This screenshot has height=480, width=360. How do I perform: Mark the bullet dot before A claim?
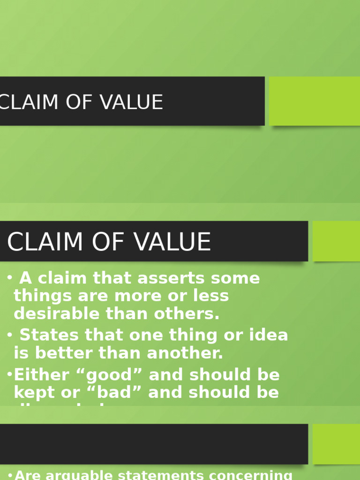click(x=10, y=278)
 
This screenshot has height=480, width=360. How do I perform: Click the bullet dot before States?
click(x=10, y=335)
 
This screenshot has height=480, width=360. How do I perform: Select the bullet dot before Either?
click(x=10, y=375)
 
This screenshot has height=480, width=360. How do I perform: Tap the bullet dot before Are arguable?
click(x=11, y=475)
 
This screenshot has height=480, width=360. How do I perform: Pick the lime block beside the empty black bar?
click(x=336, y=444)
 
